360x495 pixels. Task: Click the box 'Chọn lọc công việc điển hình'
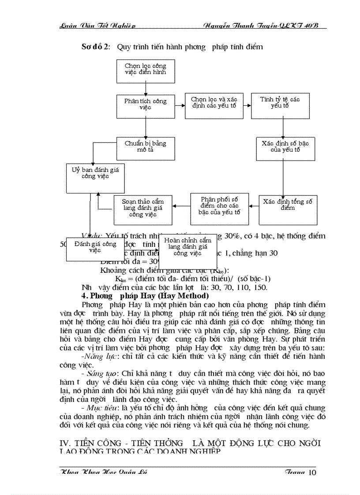[145, 71]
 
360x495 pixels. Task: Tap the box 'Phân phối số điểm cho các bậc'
[219, 206]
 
